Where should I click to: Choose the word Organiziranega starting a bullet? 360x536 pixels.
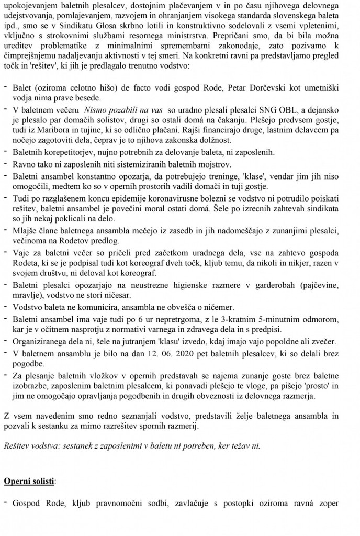tap(39, 341)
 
